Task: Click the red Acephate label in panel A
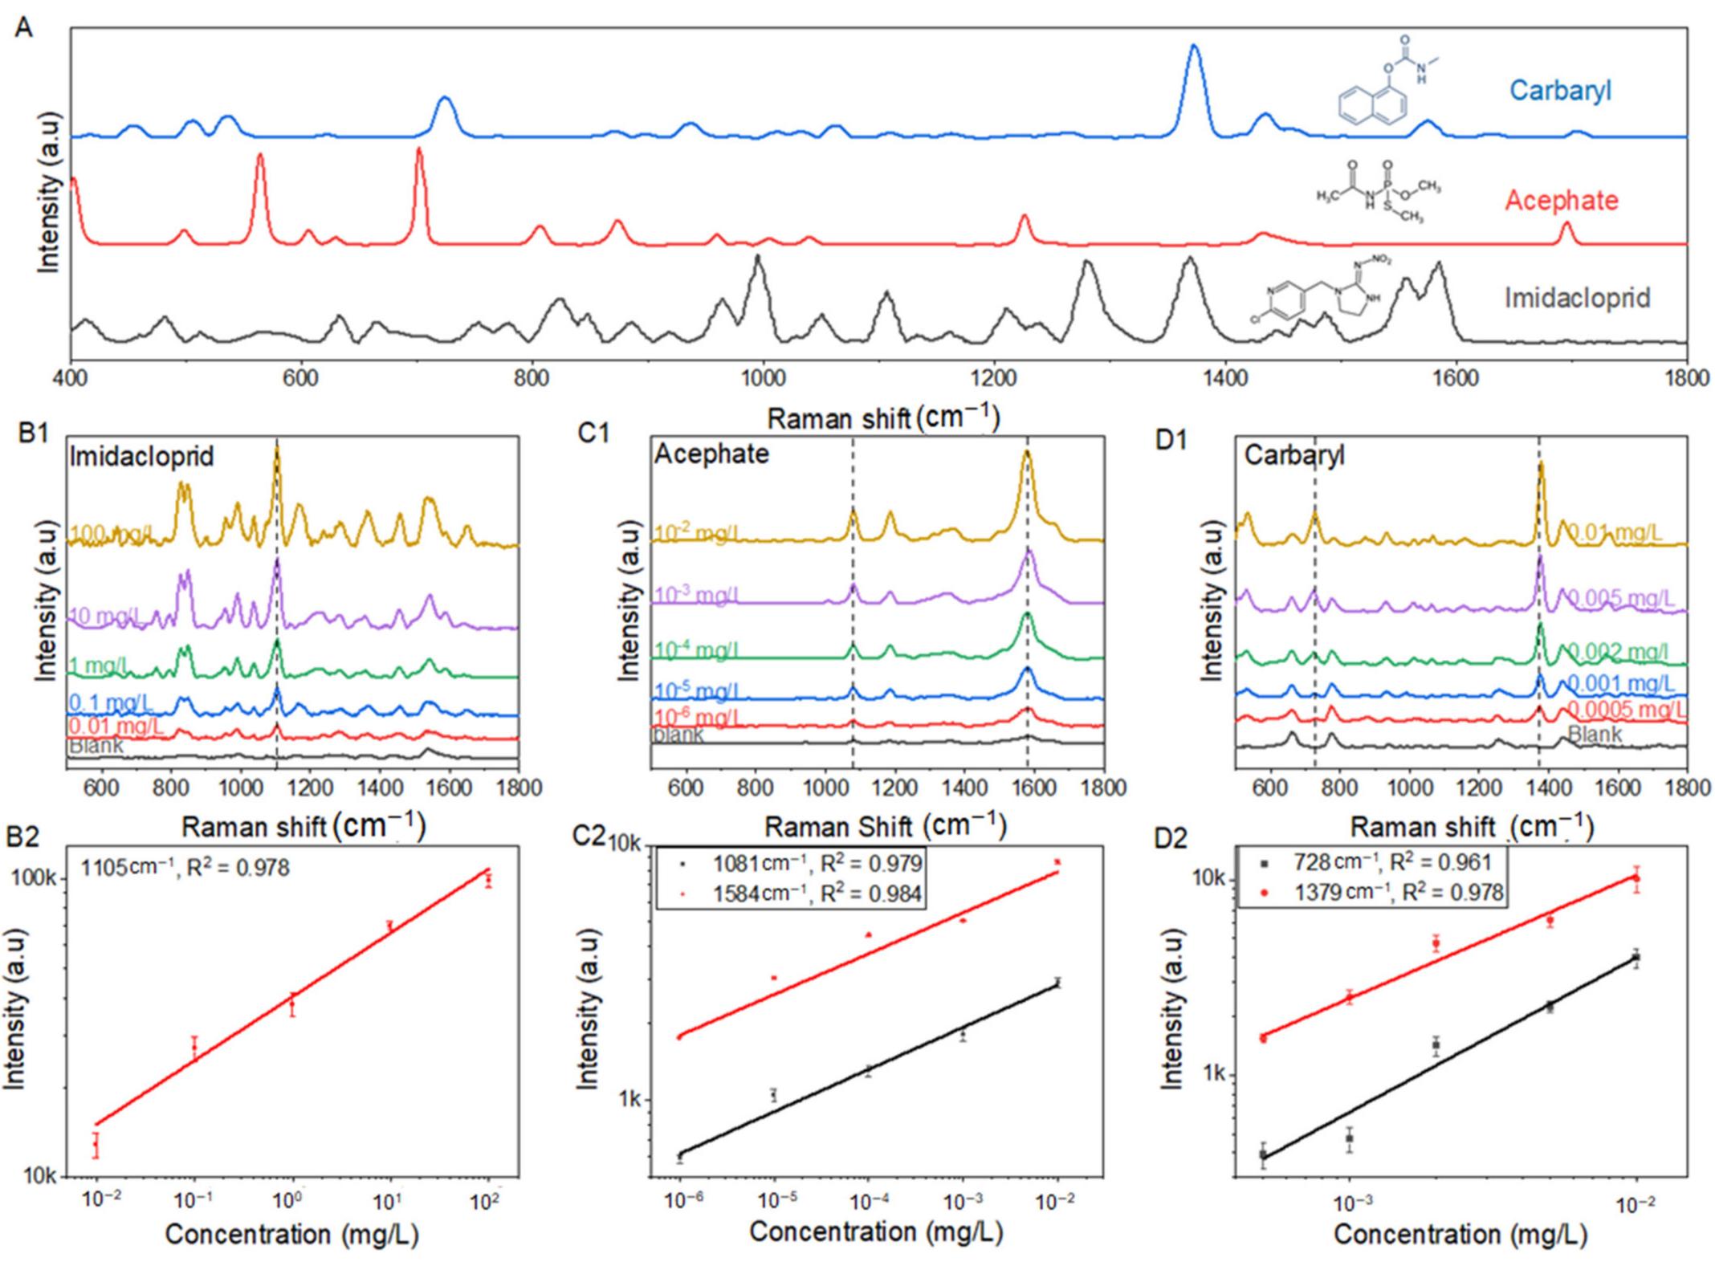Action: (x=1561, y=200)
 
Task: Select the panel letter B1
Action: (x=34, y=433)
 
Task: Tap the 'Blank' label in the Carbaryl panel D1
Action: (x=1594, y=735)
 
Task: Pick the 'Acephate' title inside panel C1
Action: (x=711, y=454)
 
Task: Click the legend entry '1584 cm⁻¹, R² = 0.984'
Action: (x=817, y=894)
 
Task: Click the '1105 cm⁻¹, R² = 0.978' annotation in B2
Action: (x=185, y=867)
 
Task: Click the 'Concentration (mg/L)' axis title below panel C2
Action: (x=875, y=1231)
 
